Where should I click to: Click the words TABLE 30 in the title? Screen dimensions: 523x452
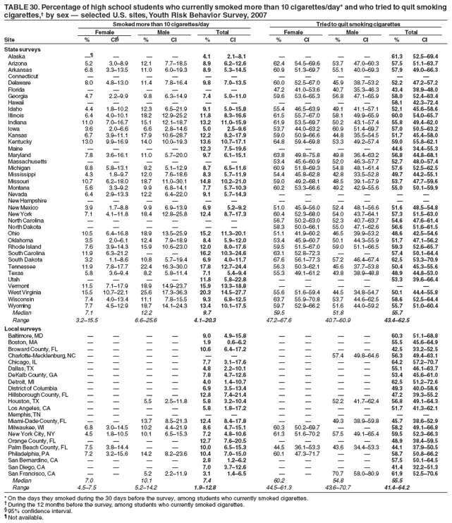pyautogui.click(x=19, y=5)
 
